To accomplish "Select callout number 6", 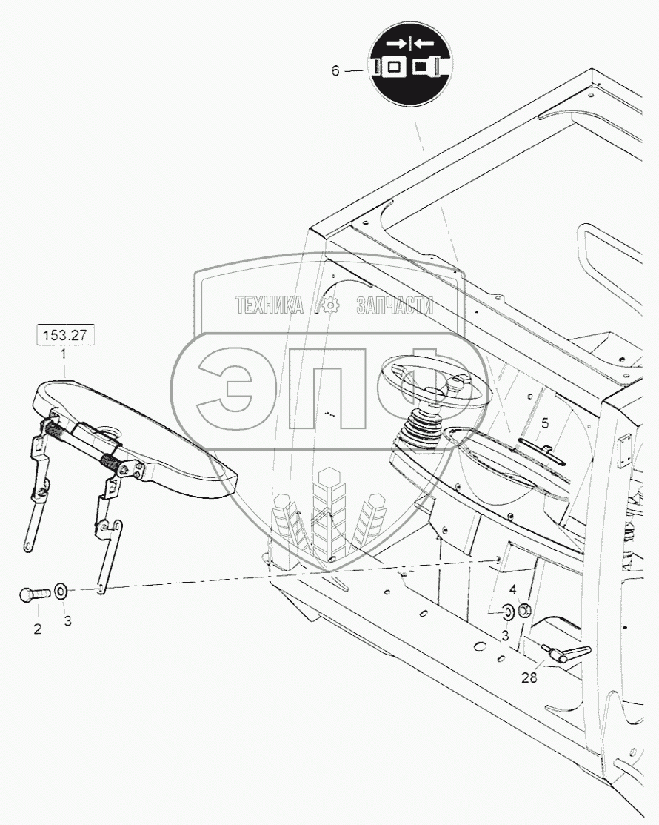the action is [335, 71].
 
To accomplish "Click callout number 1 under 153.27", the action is [64, 355].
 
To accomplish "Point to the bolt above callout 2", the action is [34, 594].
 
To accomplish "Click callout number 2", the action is [37, 629].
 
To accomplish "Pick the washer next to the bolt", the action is [62, 591].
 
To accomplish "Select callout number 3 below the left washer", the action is [67, 621].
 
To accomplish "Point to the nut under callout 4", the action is [523, 611].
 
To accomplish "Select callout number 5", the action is [545, 423].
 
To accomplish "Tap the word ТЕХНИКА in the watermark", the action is [270, 305].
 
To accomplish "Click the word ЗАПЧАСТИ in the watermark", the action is [395, 305].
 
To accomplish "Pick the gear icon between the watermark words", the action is [328, 305].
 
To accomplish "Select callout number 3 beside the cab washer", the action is [506, 636].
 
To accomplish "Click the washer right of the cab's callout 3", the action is [508, 612].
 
